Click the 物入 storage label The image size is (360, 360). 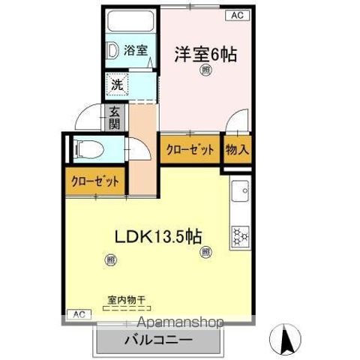(x=237, y=148)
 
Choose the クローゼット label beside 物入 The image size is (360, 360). (x=190, y=149)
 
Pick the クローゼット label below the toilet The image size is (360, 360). (x=95, y=181)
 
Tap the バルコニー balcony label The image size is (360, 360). (x=159, y=340)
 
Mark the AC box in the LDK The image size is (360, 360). (x=79, y=313)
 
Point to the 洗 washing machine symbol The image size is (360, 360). (x=118, y=85)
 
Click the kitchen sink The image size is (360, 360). (x=241, y=193)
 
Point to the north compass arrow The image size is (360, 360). (x=287, y=339)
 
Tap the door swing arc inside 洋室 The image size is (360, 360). (x=239, y=121)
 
